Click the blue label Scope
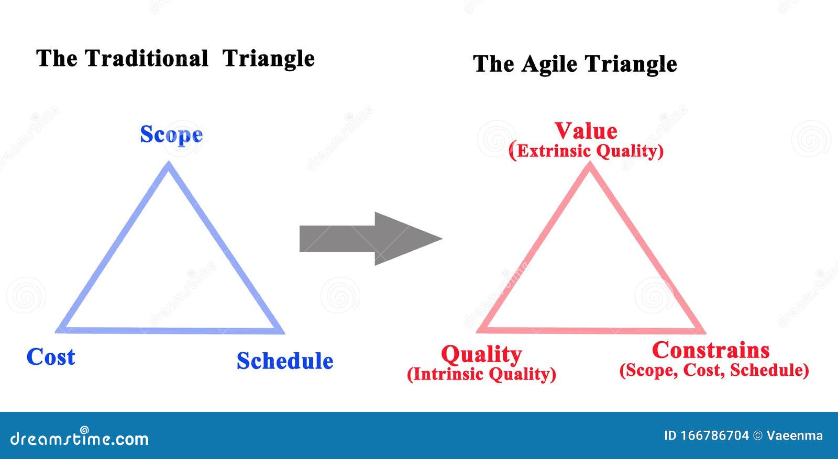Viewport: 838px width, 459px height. click(171, 135)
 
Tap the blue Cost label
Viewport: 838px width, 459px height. click(51, 357)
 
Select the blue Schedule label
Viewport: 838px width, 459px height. click(285, 361)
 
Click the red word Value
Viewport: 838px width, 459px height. click(586, 131)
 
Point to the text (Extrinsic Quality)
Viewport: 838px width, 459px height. click(586, 151)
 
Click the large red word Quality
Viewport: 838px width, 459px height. click(481, 354)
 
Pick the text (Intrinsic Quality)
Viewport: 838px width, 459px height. click(481, 374)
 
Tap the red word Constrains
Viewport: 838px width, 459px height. click(711, 350)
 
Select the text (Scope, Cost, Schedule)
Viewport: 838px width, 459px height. click(714, 371)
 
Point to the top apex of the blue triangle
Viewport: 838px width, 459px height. click(169, 165)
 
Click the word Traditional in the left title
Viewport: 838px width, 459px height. click(147, 58)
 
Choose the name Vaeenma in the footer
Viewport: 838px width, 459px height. click(794, 435)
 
